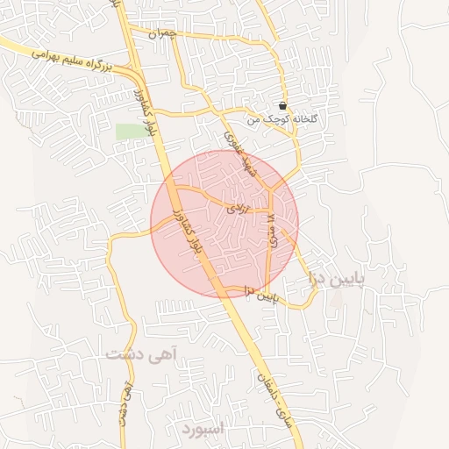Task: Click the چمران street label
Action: pos(162,34)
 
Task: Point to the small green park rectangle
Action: pos(130,131)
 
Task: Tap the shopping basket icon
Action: pos(282,105)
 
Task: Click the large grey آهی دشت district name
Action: pos(140,354)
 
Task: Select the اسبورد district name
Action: pos(204,430)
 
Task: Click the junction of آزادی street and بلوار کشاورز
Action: pos(174,186)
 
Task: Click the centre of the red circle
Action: pos(224,224)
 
